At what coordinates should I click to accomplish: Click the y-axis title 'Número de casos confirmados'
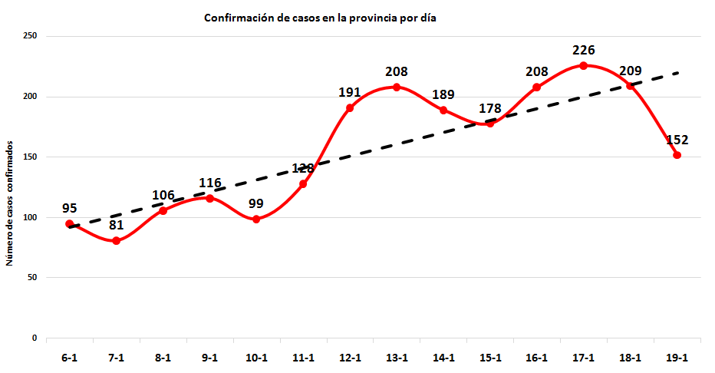click(10, 203)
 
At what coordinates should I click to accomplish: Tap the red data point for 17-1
click(583, 66)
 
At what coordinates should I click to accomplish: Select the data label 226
click(583, 51)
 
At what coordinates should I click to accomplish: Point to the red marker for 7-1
click(116, 241)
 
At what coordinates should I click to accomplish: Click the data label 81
click(116, 226)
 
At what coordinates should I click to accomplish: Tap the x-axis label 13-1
click(397, 358)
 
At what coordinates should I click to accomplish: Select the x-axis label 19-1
click(677, 358)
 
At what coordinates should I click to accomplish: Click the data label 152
click(677, 140)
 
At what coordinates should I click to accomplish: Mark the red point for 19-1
click(677, 155)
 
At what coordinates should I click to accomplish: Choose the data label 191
click(350, 93)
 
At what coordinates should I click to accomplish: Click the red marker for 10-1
click(256, 220)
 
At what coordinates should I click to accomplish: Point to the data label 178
click(490, 108)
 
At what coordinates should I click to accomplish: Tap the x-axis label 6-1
click(70, 358)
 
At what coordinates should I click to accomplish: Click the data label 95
click(70, 208)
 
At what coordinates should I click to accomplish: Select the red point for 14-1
click(443, 111)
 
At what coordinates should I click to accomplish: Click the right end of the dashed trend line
click(678, 73)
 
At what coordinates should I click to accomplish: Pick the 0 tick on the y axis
click(35, 338)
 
